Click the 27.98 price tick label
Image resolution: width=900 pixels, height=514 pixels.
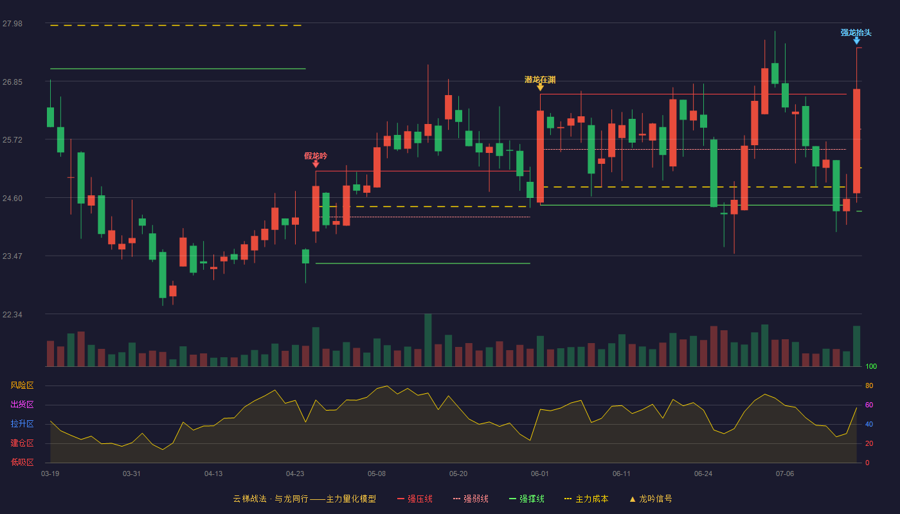tap(12, 24)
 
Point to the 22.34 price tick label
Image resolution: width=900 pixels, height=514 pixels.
tap(12, 314)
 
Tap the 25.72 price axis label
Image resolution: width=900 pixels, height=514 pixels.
tap(12, 140)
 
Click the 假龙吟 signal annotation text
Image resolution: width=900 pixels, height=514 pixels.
tap(316, 155)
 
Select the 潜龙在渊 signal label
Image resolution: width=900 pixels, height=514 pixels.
tap(540, 80)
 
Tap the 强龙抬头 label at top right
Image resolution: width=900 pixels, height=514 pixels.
tap(856, 33)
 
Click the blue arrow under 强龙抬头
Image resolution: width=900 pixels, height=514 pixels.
tap(856, 41)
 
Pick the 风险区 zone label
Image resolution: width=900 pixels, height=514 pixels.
tap(22, 385)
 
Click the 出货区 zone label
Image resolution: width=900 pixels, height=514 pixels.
tap(22, 404)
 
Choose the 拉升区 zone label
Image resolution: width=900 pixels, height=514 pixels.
tap(22, 423)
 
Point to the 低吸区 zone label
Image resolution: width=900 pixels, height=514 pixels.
tap(22, 462)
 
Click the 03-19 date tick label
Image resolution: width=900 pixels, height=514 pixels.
tap(50, 474)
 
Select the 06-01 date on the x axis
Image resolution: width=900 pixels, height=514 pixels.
tap(539, 474)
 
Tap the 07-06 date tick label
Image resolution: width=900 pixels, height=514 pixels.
tap(785, 474)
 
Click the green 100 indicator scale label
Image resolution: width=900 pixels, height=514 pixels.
tap(871, 366)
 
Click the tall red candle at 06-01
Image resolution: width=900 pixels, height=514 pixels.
tap(541, 157)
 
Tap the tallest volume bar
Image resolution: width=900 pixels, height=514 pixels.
tap(428, 340)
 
